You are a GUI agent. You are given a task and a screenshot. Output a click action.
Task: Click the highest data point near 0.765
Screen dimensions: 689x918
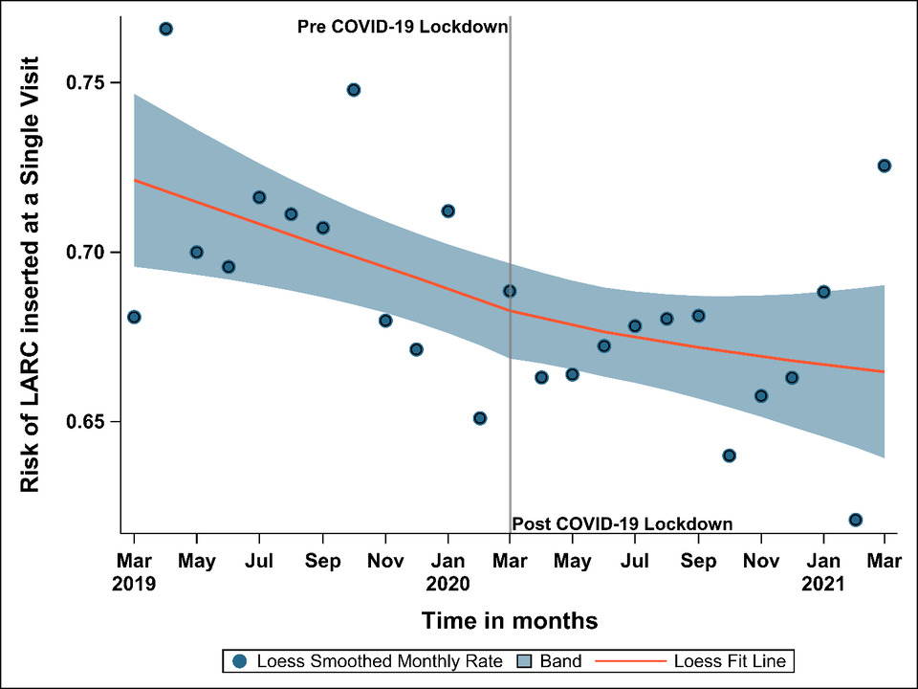click(x=165, y=30)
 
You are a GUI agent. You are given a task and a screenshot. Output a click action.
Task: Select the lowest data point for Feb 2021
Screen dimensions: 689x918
click(x=855, y=520)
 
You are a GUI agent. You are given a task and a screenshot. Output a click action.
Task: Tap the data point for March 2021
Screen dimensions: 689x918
click(x=885, y=166)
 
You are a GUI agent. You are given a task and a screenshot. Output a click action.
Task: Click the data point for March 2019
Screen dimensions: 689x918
click(x=134, y=317)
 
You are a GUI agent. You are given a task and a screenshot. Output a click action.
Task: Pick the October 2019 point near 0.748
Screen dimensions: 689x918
click(x=353, y=90)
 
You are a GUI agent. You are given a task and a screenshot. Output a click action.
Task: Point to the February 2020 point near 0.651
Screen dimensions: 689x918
click(x=480, y=418)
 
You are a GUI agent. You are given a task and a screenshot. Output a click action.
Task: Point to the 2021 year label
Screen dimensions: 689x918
click(x=823, y=582)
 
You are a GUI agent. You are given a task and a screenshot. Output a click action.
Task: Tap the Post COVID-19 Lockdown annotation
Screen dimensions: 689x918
click(x=623, y=524)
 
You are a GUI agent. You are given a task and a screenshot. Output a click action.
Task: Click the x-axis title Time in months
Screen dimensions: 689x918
click(x=510, y=621)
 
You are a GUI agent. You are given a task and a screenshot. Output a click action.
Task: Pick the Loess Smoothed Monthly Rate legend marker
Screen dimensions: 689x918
click(x=239, y=661)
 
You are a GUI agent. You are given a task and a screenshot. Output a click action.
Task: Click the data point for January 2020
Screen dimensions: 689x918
click(x=448, y=211)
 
